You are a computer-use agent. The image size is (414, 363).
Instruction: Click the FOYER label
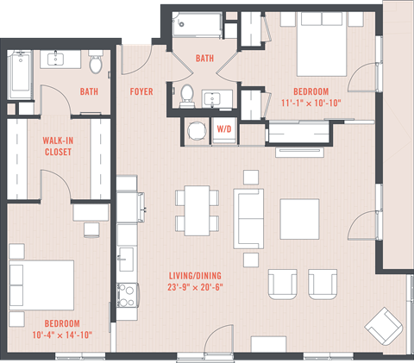tap(141, 91)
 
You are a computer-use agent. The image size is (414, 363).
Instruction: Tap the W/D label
tap(223, 129)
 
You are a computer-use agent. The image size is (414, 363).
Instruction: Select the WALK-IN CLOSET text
tap(57, 146)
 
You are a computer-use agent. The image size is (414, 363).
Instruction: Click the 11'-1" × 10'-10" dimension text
tap(311, 103)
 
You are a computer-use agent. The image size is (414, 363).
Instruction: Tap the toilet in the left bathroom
tap(96, 62)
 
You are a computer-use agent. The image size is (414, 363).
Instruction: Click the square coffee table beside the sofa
tap(299, 219)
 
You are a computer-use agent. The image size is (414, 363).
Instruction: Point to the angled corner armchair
tap(382, 328)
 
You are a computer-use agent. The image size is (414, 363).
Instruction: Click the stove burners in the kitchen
tap(128, 296)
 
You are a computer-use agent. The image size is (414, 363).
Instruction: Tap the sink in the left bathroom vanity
tap(58, 59)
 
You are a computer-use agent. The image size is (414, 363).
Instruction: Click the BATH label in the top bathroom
tap(204, 59)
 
